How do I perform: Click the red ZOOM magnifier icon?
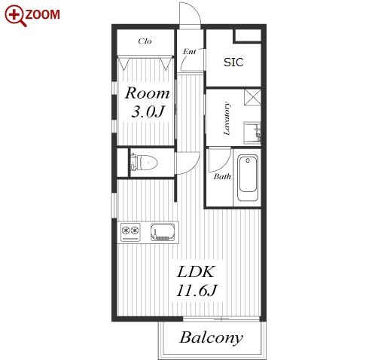coord(15,15)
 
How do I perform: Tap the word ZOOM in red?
coord(43,14)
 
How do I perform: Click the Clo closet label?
coord(145,41)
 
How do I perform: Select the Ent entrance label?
coord(189,51)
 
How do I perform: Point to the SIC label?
coord(233,63)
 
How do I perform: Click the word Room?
coord(148,93)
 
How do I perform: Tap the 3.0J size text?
coord(148,111)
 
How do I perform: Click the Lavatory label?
coord(227,118)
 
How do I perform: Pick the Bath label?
coord(222,176)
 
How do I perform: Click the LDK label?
coord(196,272)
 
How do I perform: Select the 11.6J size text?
coord(197,291)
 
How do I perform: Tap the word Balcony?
coord(212,338)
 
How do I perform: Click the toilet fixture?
coord(144,163)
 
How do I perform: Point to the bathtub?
coord(248,178)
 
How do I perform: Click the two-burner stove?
coord(130,232)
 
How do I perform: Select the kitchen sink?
coord(163,232)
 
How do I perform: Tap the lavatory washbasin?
coord(252,133)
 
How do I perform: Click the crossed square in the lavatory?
coord(252,97)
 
